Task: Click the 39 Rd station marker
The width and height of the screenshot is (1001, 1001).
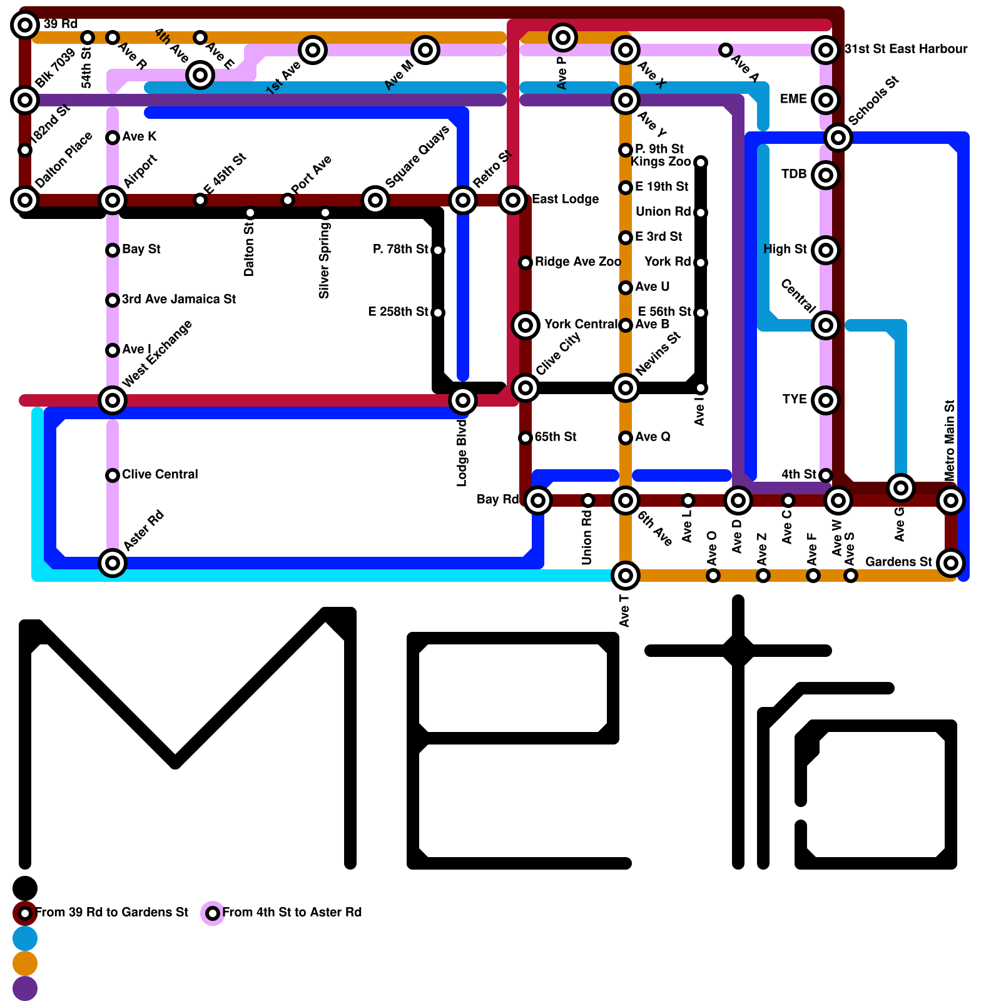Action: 25,25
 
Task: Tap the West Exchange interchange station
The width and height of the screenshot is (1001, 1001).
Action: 113,400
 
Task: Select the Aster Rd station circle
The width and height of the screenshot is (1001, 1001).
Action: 113,563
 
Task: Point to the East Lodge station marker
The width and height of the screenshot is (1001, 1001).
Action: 513,200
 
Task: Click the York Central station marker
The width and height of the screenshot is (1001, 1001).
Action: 526,325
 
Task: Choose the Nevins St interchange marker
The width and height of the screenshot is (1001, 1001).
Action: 626,388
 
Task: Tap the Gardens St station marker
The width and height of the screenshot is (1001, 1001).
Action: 951,563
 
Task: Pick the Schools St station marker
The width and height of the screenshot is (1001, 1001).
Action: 838,138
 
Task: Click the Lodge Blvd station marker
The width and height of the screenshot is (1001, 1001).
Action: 463,400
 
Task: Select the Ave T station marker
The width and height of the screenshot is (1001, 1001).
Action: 626,576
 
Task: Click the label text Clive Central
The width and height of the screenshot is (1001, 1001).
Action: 160,474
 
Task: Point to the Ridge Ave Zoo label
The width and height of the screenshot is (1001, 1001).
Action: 577,262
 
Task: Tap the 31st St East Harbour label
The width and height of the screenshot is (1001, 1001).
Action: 905,49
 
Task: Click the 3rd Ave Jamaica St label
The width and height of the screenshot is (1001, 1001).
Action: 178,299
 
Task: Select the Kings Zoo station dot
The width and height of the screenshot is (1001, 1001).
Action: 701,163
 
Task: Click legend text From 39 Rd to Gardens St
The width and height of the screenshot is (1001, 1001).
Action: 111,912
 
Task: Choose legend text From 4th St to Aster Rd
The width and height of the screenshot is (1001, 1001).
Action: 292,912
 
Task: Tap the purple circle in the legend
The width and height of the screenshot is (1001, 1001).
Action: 25,988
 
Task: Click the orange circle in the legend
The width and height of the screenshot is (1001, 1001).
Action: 25,963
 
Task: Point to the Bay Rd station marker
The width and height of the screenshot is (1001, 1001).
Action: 538,500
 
